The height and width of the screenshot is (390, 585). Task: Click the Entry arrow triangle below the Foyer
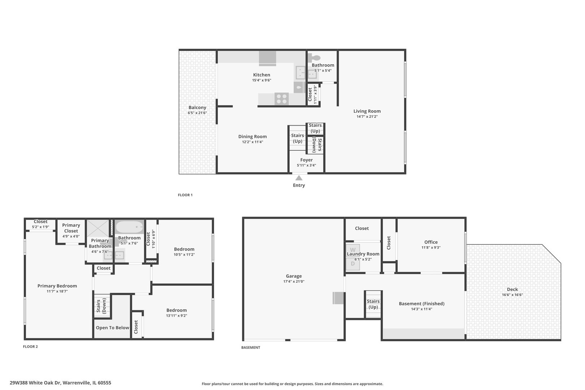[299, 178]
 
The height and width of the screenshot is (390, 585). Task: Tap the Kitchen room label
[261, 75]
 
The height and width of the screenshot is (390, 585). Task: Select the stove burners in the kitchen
[282, 99]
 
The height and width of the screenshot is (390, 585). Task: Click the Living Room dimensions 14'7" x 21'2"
[367, 117]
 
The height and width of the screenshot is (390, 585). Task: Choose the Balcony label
[197, 107]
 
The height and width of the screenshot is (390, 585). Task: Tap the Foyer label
[306, 160]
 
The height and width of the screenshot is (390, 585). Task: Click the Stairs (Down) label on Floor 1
[317, 145]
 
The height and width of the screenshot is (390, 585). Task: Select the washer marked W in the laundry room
[352, 250]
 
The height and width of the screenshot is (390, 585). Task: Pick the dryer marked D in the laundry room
[352, 264]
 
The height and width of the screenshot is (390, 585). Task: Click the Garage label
[294, 276]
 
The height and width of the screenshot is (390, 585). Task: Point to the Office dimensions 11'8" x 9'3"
[431, 247]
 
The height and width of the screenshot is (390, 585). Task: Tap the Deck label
[512, 289]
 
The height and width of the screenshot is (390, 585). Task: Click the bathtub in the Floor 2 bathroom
[129, 227]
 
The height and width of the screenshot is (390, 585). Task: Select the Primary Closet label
[71, 228]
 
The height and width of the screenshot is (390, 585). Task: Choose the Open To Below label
[112, 328]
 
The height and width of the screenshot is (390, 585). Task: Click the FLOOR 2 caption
[30, 347]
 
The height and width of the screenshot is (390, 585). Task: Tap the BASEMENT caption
[251, 347]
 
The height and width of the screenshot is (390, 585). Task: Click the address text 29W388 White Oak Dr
[35, 383]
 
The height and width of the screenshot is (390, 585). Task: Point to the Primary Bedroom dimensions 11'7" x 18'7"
[57, 291]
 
